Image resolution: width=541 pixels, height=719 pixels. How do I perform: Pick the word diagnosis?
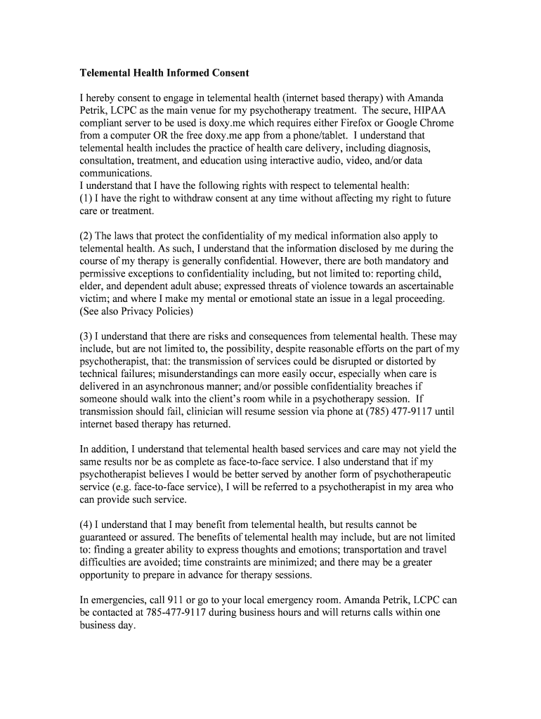point(408,148)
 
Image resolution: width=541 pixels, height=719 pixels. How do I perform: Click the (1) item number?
point(86,199)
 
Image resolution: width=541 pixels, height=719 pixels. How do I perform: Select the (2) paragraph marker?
point(86,236)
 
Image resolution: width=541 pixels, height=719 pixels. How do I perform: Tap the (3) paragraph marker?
point(86,336)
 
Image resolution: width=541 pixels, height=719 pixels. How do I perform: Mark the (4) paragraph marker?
point(86,525)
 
